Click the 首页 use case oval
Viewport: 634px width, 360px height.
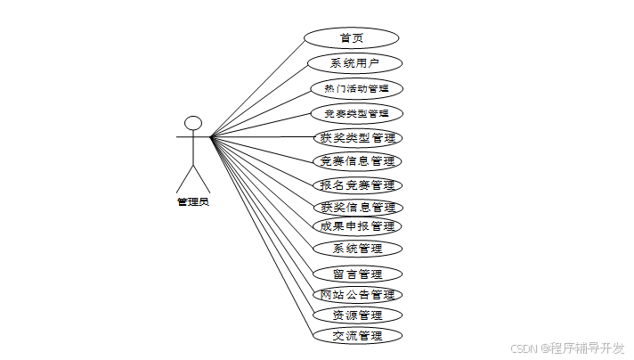[x=351, y=37]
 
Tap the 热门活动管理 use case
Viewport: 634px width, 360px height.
[x=356, y=88]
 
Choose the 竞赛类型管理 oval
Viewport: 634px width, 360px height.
[x=356, y=113]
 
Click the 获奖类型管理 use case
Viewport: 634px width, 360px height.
[x=356, y=138]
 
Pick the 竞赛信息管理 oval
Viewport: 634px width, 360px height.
[x=356, y=161]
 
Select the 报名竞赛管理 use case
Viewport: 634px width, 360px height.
[x=356, y=185]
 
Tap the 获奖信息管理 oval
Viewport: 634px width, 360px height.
[x=356, y=207]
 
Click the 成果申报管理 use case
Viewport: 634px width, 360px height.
[x=356, y=225]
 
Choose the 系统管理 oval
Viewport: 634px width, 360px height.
[x=356, y=248]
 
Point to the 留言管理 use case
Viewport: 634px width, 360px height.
[x=356, y=274]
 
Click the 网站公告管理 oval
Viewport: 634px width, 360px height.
[x=356, y=294]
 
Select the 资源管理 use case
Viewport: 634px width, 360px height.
[x=356, y=315]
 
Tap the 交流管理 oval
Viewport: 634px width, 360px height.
[x=356, y=335]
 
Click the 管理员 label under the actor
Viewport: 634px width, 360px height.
[x=192, y=202]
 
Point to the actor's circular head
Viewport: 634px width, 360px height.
[x=193, y=122]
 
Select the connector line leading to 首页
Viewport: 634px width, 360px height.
[x=258, y=87]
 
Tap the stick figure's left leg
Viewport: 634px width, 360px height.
[x=184, y=177]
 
